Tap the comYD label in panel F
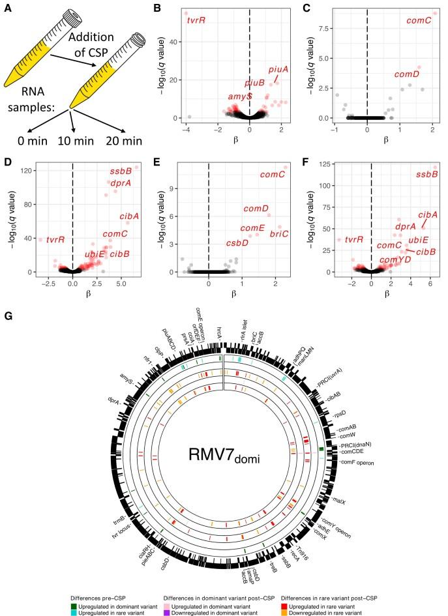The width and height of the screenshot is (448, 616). point(395,260)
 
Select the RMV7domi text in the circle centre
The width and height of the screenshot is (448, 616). point(223,458)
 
